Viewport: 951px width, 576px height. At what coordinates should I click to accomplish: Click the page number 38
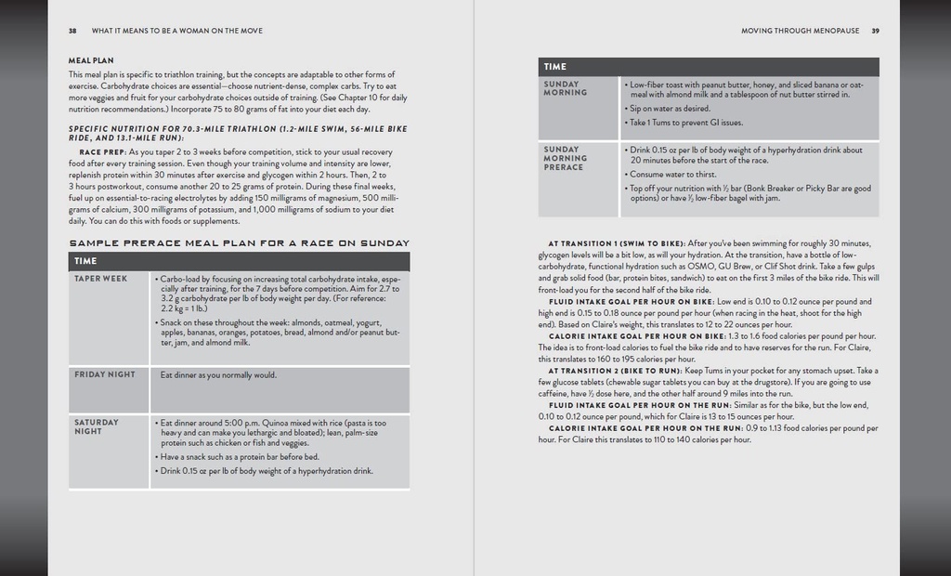coord(72,31)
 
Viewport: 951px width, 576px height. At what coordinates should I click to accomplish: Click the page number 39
coord(875,31)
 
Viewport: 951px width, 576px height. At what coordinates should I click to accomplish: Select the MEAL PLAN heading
coord(91,60)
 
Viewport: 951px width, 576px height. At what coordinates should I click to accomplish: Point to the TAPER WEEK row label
coord(101,278)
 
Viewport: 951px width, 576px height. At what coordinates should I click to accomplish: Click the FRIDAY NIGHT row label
coord(105,374)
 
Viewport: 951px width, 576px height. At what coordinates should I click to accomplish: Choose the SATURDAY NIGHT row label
coord(97,426)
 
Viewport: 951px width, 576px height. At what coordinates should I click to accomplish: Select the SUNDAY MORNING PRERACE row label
coord(565,158)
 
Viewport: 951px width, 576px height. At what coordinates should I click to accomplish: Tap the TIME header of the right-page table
coord(555,67)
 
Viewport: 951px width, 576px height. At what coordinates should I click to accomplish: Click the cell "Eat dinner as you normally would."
coord(218,375)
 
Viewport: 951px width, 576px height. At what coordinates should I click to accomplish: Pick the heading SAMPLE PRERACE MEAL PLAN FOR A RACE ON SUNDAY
coord(239,243)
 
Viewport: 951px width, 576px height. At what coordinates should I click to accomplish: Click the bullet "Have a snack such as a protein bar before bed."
coord(241,457)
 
